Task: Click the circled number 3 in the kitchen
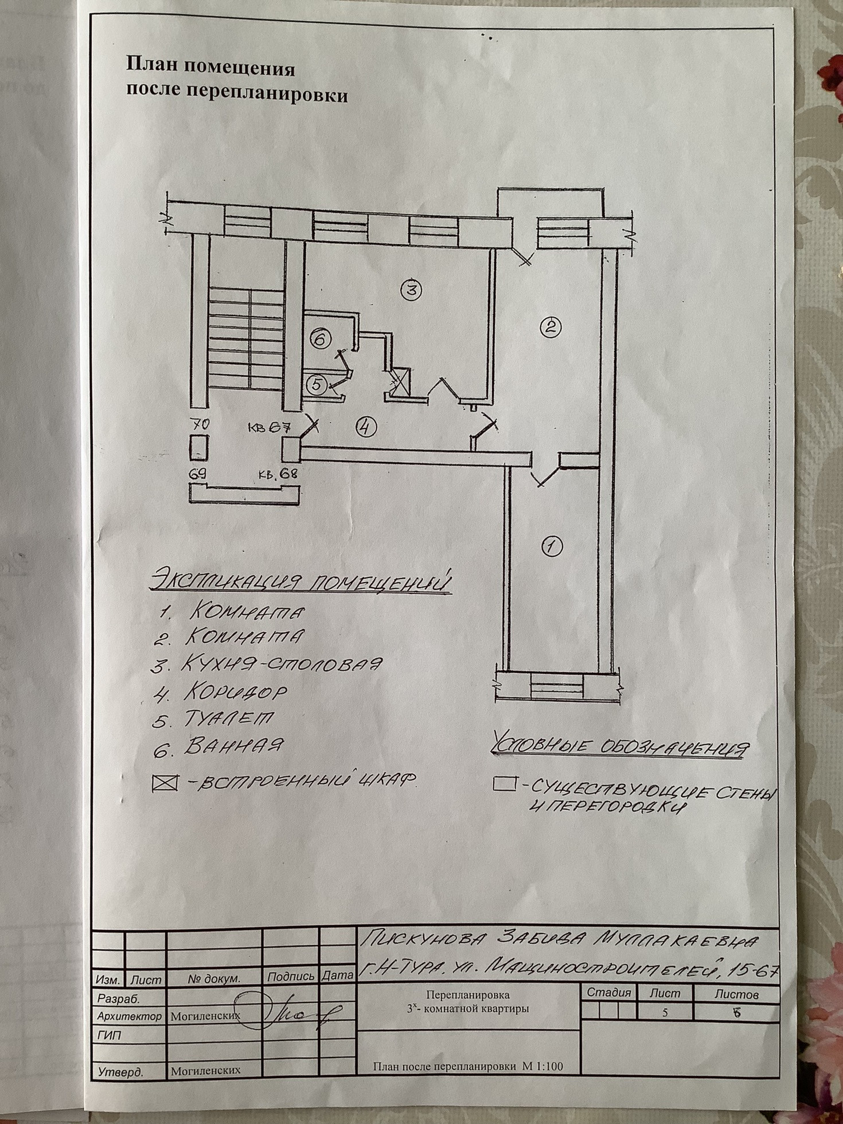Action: tap(411, 290)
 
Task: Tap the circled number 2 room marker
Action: tap(551, 327)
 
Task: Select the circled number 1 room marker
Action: tap(552, 545)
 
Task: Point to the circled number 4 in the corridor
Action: tap(366, 427)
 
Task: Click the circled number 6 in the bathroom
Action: tap(320, 339)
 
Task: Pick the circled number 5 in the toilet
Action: tap(317, 385)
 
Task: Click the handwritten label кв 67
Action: tap(270, 428)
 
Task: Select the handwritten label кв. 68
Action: tap(278, 475)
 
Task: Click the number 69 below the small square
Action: tap(198, 475)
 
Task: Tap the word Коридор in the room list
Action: tap(235, 692)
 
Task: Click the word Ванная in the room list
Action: tap(233, 746)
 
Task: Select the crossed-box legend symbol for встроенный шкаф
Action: tap(165, 783)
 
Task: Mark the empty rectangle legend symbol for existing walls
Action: tap(504, 784)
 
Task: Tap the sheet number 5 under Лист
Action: tap(665, 1013)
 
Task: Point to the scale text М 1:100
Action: tap(542, 1067)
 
